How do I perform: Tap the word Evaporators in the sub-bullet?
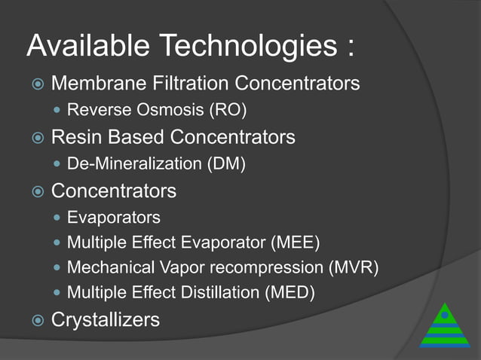pyautogui.click(x=114, y=218)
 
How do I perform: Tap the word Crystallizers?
pyautogui.click(x=106, y=319)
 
